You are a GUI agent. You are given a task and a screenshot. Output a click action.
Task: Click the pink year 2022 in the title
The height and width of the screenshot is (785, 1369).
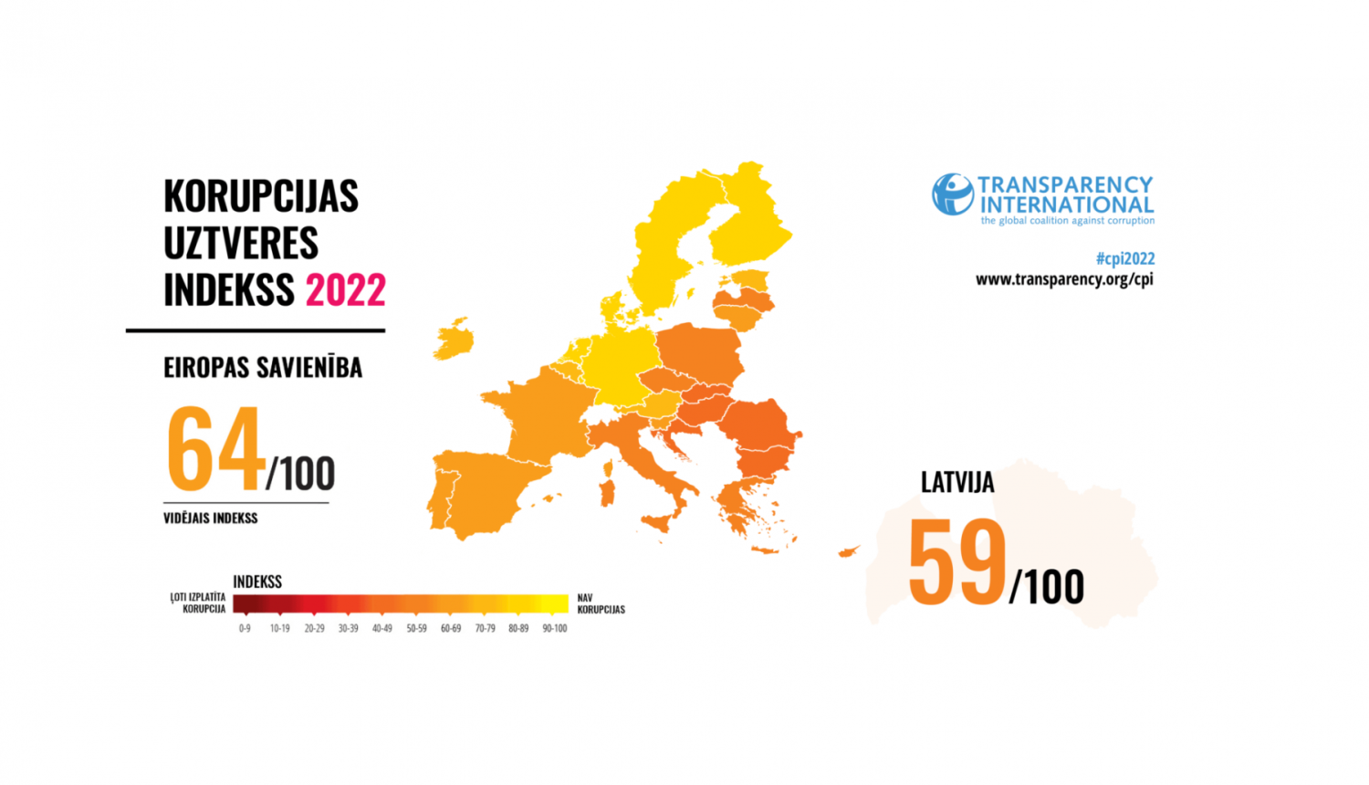coord(345,290)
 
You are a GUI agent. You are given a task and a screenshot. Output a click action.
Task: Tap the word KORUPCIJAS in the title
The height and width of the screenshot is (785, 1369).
coord(261,196)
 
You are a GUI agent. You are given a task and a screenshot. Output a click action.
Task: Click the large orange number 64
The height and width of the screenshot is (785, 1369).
coord(215,450)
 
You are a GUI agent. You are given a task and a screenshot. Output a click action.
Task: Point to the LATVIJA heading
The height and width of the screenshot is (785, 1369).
coord(956,483)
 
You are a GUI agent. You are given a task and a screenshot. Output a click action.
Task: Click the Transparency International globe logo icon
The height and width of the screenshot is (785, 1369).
coord(952,194)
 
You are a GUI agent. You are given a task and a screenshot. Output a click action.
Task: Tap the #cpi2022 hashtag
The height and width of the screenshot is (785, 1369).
coord(1124,258)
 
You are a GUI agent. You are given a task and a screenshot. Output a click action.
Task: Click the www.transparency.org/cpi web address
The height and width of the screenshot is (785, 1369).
coord(1064,279)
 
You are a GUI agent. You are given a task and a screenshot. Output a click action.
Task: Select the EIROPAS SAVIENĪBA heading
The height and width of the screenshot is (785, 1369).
coord(263,368)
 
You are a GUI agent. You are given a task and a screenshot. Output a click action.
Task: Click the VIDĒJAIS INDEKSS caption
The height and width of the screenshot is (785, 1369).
coord(211,518)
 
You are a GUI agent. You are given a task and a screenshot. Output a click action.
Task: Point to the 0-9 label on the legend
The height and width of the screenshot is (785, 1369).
coord(245,628)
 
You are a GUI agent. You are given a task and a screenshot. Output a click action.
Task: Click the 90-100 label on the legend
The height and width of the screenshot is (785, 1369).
coord(555,628)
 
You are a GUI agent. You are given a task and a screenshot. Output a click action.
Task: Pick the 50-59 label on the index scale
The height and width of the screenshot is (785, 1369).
coord(416,628)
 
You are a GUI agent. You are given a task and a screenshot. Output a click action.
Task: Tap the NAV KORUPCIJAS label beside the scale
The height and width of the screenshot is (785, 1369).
coord(601,603)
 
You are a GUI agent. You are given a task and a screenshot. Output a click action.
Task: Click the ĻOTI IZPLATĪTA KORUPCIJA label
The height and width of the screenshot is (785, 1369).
coord(199,602)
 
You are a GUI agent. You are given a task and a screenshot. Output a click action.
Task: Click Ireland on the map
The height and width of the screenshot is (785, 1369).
coord(454,340)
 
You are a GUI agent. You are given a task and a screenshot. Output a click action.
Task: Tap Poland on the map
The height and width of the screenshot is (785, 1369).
coord(700,351)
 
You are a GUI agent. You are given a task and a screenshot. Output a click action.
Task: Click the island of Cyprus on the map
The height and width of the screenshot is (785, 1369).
coord(850,551)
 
